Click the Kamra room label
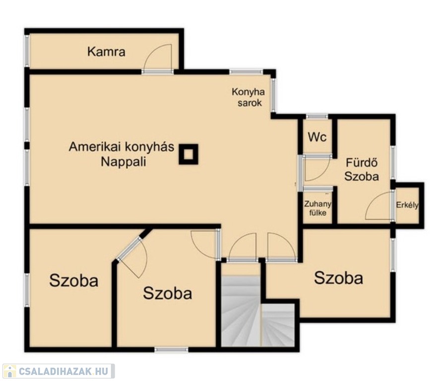[106, 52]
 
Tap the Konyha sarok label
[248, 97]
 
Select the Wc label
[317, 137]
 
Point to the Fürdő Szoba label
[362, 170]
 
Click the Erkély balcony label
[407, 205]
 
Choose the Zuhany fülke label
[318, 208]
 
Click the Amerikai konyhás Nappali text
[122, 154]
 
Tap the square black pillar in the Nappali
[189, 154]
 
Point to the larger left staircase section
[241, 311]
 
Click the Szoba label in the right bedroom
[339, 278]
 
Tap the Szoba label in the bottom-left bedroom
[74, 280]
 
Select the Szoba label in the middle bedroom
[168, 293]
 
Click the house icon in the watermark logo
[9, 371]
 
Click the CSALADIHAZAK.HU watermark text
[64, 371]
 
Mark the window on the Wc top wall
[317, 116]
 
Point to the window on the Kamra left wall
[27, 51]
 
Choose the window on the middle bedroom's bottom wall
[171, 349]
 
